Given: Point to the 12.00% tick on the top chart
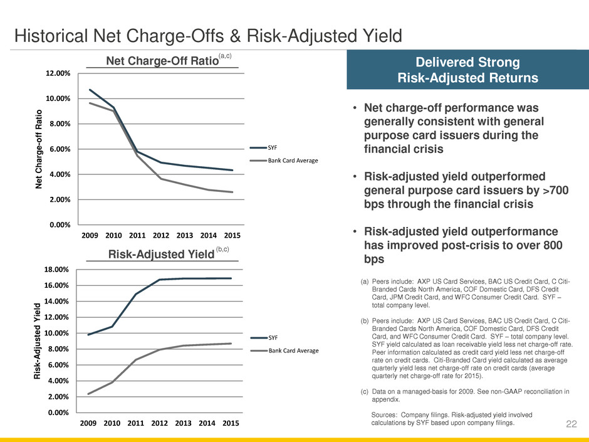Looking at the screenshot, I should click(57, 73).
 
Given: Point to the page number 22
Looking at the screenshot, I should click(571, 424).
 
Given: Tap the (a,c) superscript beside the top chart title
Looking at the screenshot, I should click(225, 56).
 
